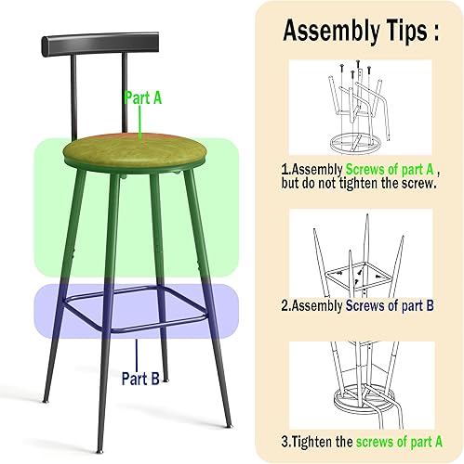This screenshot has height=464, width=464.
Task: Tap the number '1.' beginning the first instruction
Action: [x=285, y=170]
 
